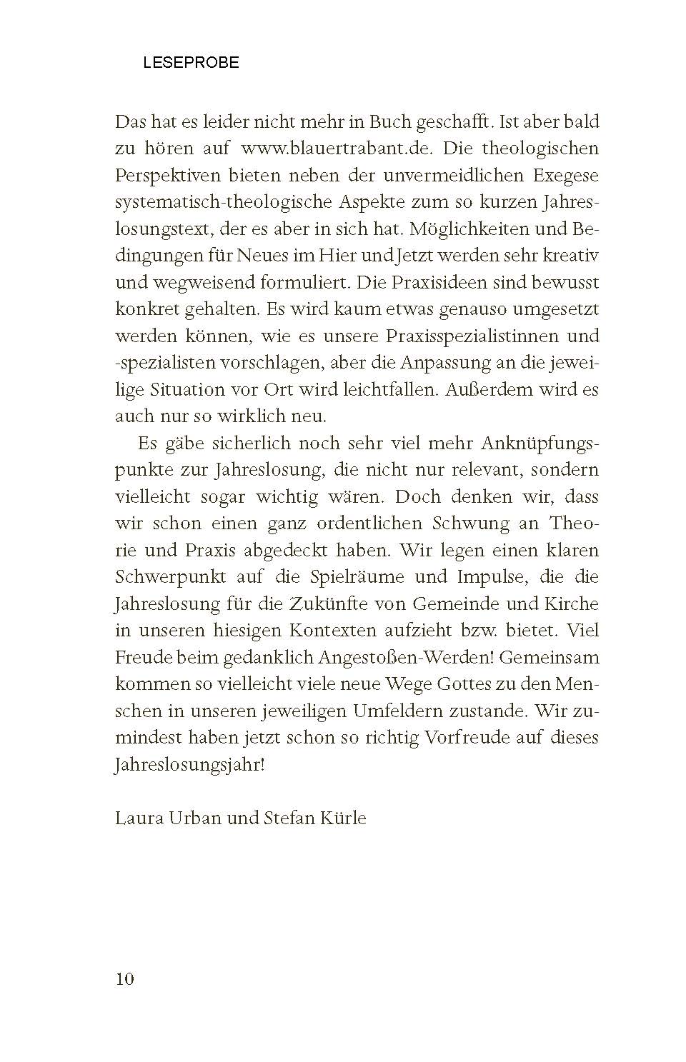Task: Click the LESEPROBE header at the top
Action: [x=191, y=63]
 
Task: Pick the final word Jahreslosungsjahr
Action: [x=189, y=765]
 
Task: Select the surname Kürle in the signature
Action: [x=344, y=818]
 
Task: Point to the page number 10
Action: [x=124, y=979]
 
